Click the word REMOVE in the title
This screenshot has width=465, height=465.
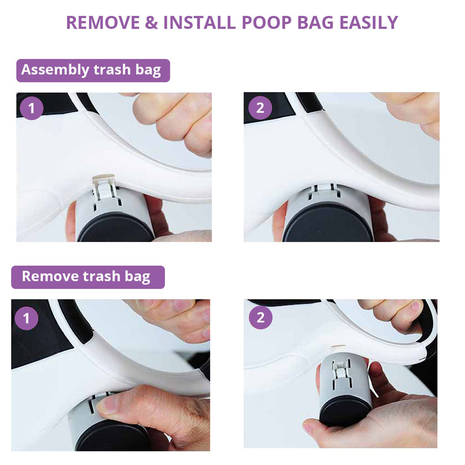coord(103,23)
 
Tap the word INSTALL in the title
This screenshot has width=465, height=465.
coord(200,23)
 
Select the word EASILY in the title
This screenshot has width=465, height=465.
coord(369,23)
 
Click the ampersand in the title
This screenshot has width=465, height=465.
coord(152,23)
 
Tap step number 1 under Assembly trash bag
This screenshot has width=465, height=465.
coord(31,108)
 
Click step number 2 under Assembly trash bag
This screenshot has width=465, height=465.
coord(260,108)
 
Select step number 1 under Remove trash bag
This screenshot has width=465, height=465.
coord(26,318)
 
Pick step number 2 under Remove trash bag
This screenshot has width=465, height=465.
coord(260,317)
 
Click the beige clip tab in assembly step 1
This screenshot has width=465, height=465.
coord(104,178)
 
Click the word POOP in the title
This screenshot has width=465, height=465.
coord(267,23)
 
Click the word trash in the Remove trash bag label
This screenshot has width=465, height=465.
coord(101,276)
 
